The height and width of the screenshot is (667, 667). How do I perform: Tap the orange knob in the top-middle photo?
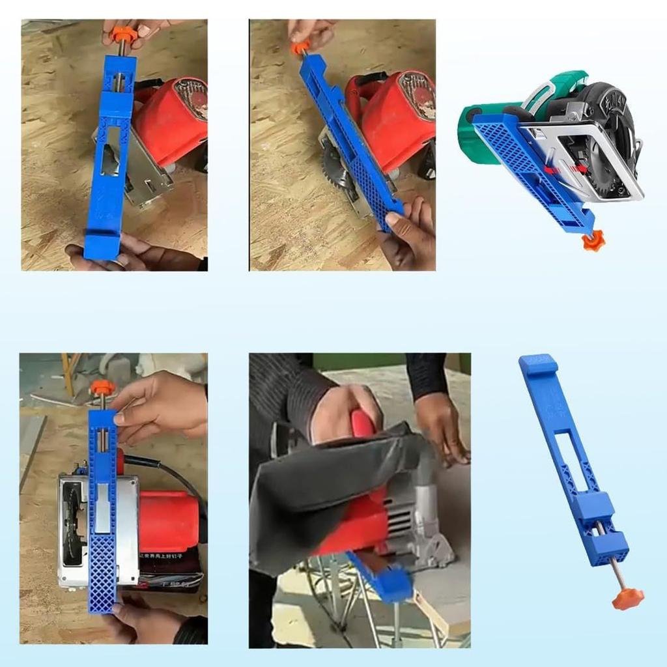(x=300, y=48)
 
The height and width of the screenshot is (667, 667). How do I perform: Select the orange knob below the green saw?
(x=593, y=242)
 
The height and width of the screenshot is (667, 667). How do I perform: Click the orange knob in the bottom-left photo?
(x=102, y=388)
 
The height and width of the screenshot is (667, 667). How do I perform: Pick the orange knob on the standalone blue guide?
(x=628, y=598)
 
